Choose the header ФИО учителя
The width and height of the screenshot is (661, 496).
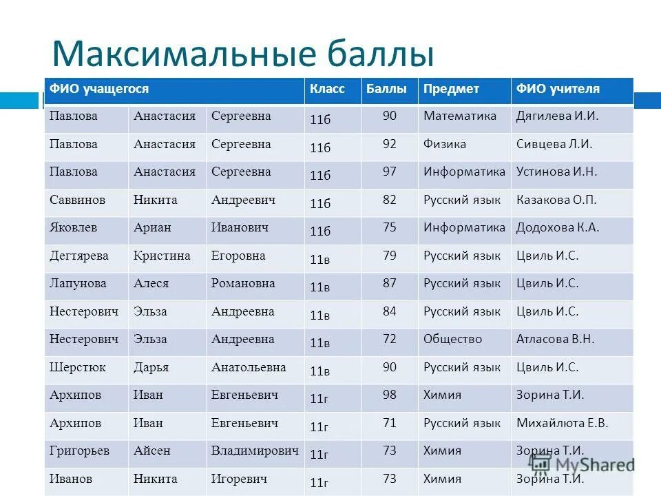558,89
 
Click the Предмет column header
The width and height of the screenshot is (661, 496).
451,89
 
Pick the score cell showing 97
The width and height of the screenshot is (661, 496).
390,172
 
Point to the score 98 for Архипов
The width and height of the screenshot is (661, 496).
390,395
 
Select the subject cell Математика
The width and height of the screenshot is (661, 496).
459,116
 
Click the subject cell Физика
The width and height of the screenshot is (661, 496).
444,144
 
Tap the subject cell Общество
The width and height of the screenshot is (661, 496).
452,339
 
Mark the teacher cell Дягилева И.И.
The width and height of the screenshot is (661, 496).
557,116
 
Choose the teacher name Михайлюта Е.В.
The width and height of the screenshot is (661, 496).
562,423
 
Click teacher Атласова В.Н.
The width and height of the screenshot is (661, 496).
555,339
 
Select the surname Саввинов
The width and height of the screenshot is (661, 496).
77,200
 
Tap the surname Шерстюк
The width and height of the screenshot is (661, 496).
77,367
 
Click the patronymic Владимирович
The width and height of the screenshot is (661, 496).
255,451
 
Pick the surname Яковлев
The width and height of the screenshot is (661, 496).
73,227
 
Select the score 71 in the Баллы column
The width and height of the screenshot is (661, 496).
390,423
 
